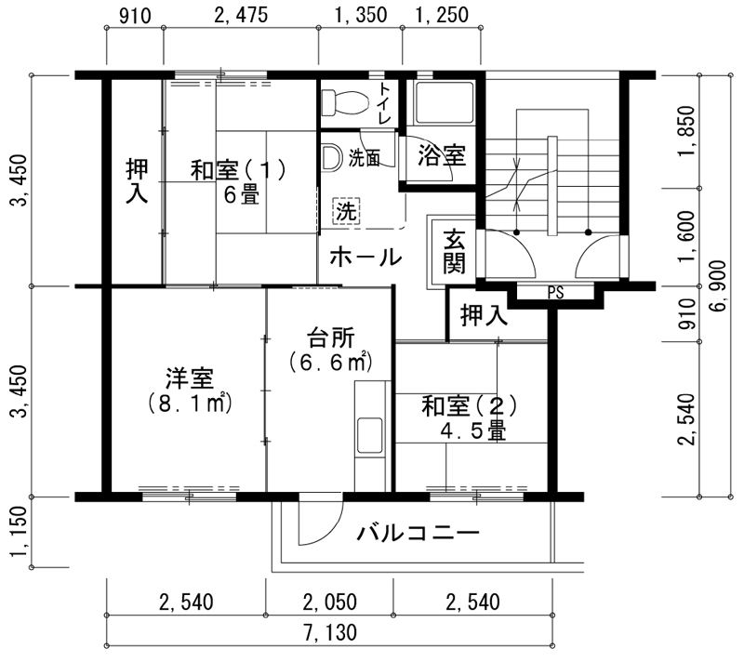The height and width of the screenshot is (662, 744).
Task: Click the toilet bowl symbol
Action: (x=345, y=102)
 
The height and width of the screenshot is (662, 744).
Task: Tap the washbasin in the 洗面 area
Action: (x=331, y=158)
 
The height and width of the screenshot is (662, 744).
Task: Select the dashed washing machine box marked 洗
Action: (x=346, y=210)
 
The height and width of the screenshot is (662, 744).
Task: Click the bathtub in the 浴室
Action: (x=444, y=103)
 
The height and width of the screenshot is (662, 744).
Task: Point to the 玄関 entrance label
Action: (x=454, y=251)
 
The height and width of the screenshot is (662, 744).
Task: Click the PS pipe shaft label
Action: (x=555, y=293)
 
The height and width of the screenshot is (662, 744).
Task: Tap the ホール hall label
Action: (x=365, y=258)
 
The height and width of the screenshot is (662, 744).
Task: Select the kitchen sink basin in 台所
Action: (x=369, y=435)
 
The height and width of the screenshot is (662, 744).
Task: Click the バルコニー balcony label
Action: (x=418, y=533)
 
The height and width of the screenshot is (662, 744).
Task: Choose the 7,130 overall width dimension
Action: (x=330, y=632)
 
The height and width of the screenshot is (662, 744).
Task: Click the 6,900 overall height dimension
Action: (x=718, y=286)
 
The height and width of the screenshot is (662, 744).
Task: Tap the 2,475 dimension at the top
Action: (x=241, y=15)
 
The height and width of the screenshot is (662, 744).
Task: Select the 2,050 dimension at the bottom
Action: (x=330, y=602)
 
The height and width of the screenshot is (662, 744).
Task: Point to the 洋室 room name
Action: (x=190, y=377)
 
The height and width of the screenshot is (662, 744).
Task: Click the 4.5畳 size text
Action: (x=472, y=431)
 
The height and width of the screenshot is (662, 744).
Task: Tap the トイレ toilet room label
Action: (x=385, y=104)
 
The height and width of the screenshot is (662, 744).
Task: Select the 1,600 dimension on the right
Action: (x=686, y=236)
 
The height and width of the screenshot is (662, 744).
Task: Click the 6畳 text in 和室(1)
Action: (x=242, y=194)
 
